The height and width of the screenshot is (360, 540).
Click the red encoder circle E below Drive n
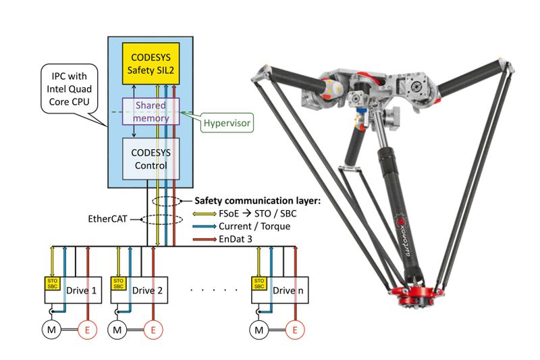pos(294,330)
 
